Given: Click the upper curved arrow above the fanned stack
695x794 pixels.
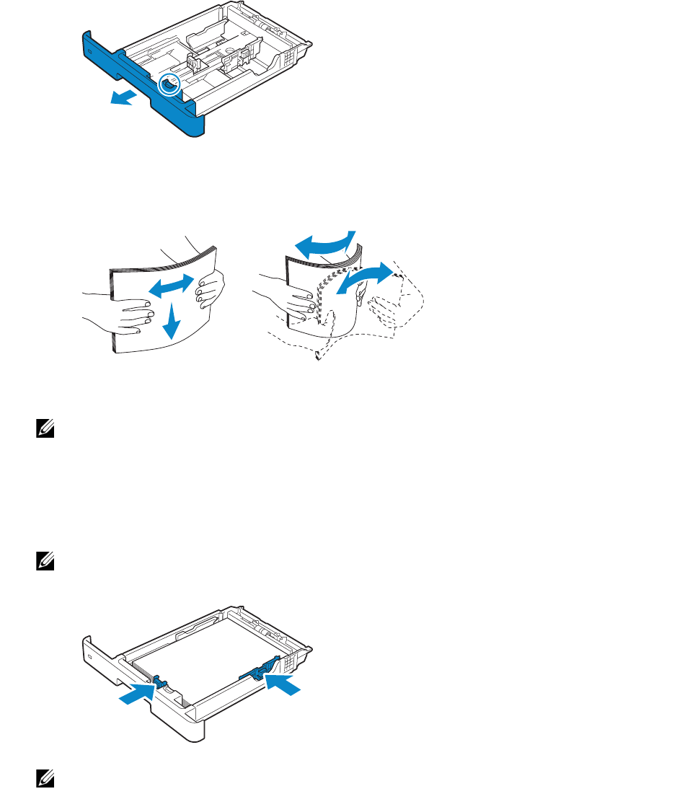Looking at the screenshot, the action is click(328, 244).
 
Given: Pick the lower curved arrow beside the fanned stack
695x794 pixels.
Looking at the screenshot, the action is click(367, 278).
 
